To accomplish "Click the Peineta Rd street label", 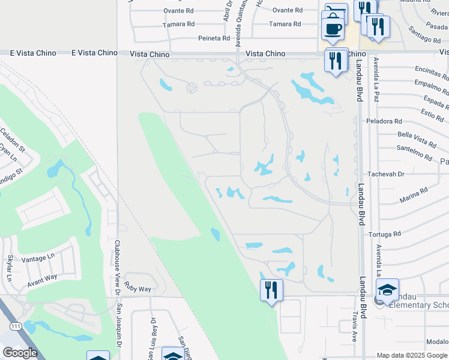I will pos(214,38).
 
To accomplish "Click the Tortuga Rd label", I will pos(385,234).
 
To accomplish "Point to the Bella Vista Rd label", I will pos(417,142).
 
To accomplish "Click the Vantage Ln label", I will pos(38,257).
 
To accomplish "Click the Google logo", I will pos(20,353).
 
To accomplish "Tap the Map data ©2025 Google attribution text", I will pos(411,355).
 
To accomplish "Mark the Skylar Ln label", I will pos(10,268).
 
